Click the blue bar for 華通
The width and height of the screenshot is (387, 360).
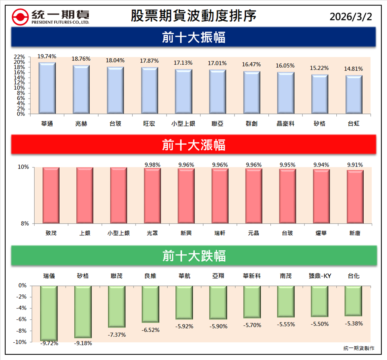click(47, 88)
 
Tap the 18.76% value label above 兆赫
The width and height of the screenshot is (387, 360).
click(81, 58)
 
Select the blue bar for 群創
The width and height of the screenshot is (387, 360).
click(252, 93)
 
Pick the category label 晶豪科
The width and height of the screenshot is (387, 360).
click(286, 124)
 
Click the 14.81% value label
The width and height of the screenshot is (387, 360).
click(354, 69)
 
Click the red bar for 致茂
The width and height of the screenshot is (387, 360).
click(51, 195)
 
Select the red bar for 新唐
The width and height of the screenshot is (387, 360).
click(355, 197)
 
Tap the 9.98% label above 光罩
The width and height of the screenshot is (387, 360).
click(152, 165)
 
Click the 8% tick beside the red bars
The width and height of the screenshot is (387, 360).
click(25, 224)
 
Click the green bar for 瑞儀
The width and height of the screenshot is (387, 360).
click(49, 313)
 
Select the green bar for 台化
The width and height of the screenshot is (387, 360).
click(354, 301)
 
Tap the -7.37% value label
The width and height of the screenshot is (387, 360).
click(117, 335)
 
